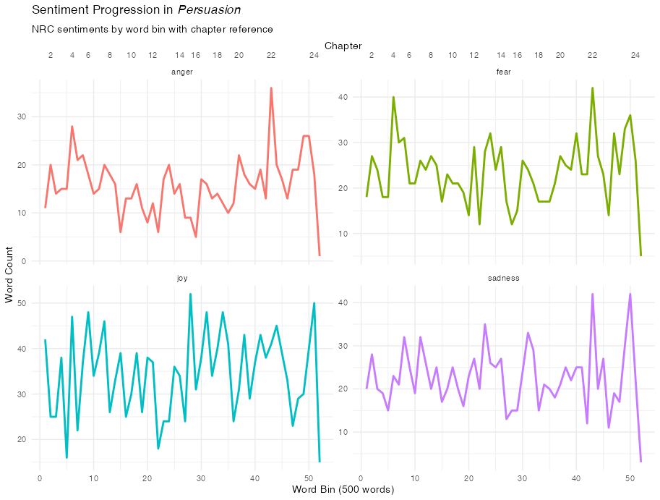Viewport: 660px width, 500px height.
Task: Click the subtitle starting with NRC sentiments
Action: [x=153, y=30]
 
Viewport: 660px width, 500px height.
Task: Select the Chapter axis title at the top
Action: [x=343, y=46]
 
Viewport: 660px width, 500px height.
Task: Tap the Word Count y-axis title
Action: [x=9, y=276]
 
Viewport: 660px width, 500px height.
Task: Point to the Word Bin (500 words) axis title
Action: [x=343, y=490]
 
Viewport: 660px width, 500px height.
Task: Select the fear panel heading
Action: [x=504, y=72]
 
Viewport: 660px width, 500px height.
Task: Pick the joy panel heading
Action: [x=182, y=278]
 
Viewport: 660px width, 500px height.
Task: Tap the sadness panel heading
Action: [x=504, y=278]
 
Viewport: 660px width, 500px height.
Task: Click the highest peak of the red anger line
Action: [x=271, y=88]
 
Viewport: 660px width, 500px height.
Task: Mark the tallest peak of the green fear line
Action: [x=592, y=88]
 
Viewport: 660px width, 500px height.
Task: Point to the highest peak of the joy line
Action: [x=190, y=294]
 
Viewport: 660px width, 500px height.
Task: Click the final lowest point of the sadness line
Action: [x=640, y=461]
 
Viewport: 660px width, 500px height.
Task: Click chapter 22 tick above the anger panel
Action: [x=271, y=55]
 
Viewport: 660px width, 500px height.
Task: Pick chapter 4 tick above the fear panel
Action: [x=393, y=55]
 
